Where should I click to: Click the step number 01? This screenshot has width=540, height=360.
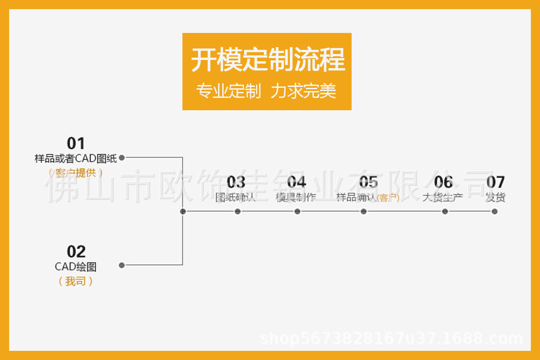[76, 143]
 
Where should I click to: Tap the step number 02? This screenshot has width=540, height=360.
[76, 252]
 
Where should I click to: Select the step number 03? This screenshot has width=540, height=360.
[236, 182]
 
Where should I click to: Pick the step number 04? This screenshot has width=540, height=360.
[296, 182]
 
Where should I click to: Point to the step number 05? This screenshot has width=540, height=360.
[368, 182]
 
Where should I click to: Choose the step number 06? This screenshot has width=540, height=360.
[443, 182]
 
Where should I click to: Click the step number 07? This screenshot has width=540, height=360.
[495, 182]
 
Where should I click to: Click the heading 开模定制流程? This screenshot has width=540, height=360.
[267, 60]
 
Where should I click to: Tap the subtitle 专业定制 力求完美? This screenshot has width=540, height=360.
[266, 91]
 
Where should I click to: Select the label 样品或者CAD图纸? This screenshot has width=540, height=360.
[76, 159]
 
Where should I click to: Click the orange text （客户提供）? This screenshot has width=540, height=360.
[76, 173]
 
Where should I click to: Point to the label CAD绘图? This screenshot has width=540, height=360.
[76, 267]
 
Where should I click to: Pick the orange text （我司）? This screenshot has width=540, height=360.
[76, 281]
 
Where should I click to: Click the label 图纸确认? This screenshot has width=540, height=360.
[235, 198]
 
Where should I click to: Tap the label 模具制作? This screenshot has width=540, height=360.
[296, 198]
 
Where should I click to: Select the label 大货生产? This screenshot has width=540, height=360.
[442, 198]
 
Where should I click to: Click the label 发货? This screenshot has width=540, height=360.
[495, 198]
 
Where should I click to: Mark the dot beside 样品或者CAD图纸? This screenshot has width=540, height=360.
[122, 158]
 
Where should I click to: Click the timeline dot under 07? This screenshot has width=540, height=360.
[494, 211]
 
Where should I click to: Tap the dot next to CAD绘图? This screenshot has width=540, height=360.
[122, 265]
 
